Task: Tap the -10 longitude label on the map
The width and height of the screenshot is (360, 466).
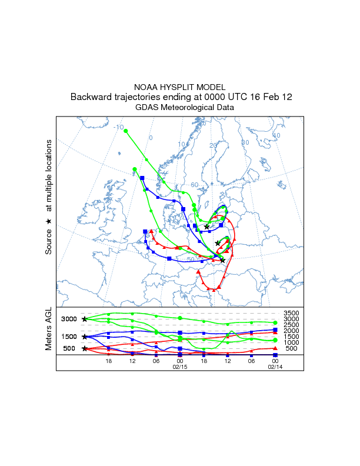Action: tap(118, 128)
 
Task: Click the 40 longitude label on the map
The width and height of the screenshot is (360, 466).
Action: tap(276, 136)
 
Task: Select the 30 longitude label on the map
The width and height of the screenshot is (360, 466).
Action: tap(245, 142)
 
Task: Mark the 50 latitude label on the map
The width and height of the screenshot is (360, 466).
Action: tap(191, 259)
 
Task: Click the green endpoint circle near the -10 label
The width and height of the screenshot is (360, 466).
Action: tap(126, 131)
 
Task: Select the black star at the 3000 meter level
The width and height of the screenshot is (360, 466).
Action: tap(85, 319)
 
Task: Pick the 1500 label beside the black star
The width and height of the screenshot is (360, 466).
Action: tap(69, 337)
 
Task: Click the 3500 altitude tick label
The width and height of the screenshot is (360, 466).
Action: tap(292, 313)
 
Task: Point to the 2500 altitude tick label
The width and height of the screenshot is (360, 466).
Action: tap(292, 325)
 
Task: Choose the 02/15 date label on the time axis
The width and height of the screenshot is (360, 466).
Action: tap(179, 367)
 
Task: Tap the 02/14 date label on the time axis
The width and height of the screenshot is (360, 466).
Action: tap(275, 367)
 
